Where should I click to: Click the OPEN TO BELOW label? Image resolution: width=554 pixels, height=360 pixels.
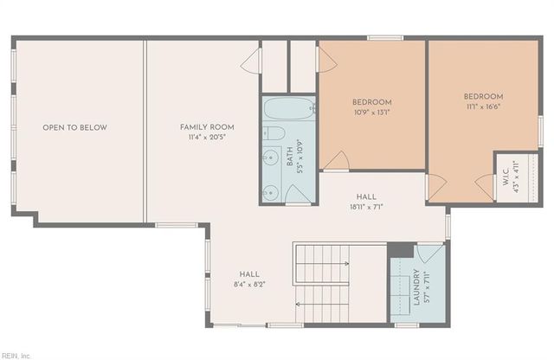coord(75,128)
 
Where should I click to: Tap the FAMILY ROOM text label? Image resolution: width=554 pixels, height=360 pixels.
coord(207,127)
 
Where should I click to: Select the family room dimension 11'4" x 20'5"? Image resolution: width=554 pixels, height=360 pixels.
coord(207,138)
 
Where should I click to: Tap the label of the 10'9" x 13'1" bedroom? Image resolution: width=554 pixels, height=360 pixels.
coord(373,101)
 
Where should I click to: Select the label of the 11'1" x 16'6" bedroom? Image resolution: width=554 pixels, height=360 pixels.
coord(483,96)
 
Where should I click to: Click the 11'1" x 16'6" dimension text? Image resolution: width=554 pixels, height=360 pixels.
coord(483,106)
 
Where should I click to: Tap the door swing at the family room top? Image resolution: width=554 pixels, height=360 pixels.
coord(250,61)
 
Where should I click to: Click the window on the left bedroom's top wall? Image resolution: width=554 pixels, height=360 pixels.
coord(379,38)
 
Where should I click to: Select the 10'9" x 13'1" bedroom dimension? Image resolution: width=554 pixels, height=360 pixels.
coord(373,112)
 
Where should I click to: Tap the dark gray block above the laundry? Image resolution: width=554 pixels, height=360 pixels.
coord(401,251)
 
